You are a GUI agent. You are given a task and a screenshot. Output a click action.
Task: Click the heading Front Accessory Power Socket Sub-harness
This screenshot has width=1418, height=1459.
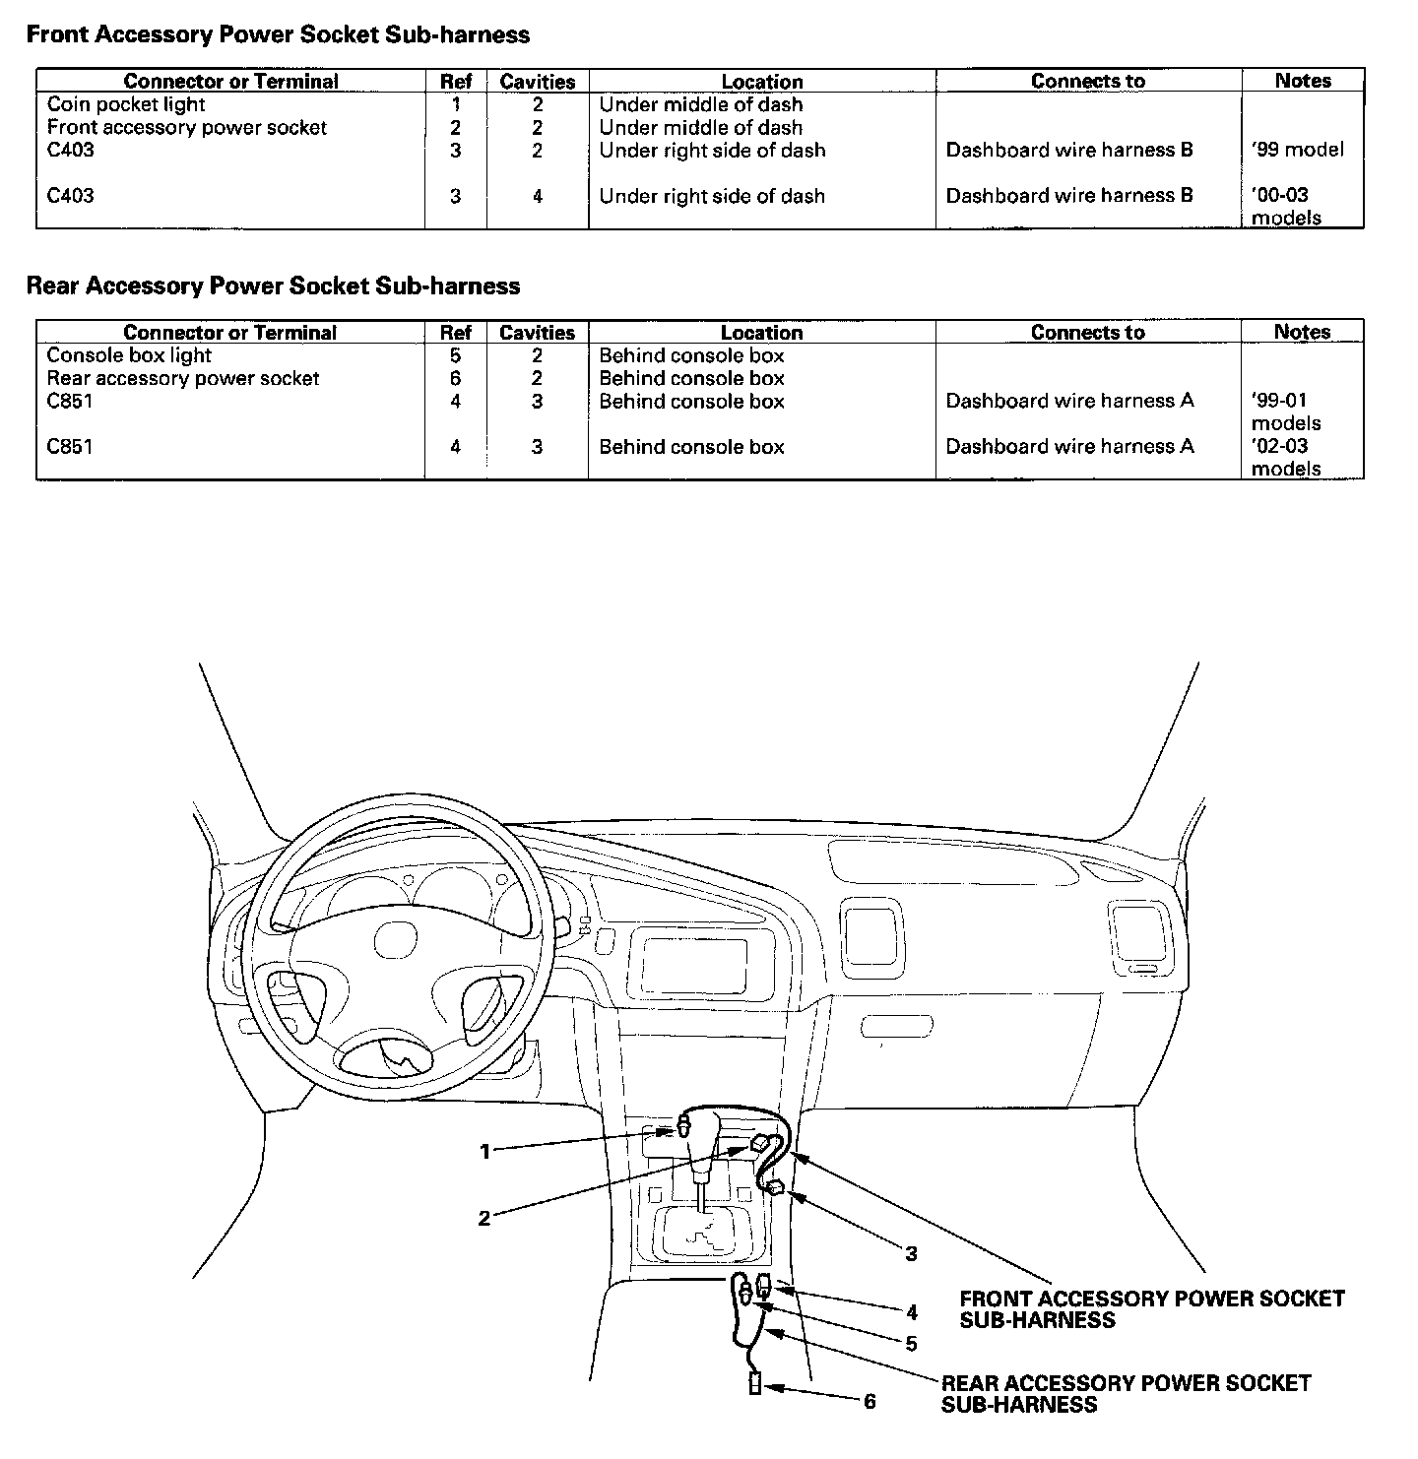click(x=278, y=34)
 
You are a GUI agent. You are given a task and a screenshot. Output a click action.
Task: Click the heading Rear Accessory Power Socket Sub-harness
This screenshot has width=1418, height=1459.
click(x=273, y=285)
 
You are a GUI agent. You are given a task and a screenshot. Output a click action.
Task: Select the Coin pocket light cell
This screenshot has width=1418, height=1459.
click(x=126, y=104)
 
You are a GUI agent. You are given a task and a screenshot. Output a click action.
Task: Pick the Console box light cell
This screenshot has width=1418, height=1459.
click(x=129, y=355)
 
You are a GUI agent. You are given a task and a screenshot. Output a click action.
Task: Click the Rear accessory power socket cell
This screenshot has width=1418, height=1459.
click(x=183, y=378)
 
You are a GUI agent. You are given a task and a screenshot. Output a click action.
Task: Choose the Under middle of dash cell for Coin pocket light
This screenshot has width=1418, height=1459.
click(x=700, y=104)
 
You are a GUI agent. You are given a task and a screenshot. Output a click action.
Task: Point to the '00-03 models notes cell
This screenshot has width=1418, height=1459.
click(x=1285, y=206)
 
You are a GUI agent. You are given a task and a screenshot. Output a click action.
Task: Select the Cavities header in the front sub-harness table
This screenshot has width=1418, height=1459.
click(x=537, y=81)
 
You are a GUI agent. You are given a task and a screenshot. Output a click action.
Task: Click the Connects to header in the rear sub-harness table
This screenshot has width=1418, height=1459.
click(x=1087, y=332)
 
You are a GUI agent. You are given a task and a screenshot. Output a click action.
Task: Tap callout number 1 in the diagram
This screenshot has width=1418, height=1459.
click(x=484, y=1151)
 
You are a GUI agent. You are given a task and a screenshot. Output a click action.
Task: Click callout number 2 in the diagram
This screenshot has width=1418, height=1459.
click(x=483, y=1219)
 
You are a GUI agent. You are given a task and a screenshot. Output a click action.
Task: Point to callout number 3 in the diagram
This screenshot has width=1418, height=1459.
click(x=911, y=1253)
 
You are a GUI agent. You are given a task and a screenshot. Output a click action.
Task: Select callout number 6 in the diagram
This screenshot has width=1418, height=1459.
click(x=870, y=1401)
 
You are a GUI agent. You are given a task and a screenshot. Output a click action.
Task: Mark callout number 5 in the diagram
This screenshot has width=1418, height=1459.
click(x=911, y=1343)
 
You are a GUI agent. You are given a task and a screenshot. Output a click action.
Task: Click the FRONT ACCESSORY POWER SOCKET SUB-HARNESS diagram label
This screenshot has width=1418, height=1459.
click(x=1151, y=1309)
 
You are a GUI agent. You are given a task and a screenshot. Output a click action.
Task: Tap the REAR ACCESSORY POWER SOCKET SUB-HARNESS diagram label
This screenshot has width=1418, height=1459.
click(x=1126, y=1393)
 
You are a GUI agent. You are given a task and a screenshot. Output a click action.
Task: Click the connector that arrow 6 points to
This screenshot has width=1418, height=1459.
click(x=755, y=1385)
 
